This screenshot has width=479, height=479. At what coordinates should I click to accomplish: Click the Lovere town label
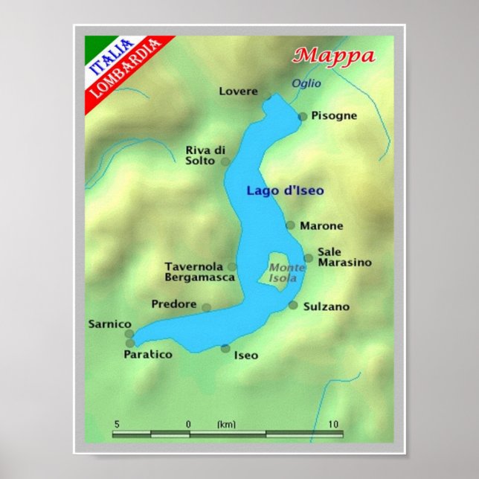click(238, 91)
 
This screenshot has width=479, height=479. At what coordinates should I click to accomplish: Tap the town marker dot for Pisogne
click(303, 116)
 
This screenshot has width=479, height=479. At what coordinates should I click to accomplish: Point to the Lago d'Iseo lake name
click(285, 190)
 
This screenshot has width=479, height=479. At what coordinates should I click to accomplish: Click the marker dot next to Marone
click(291, 225)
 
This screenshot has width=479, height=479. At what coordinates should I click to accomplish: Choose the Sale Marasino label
click(344, 257)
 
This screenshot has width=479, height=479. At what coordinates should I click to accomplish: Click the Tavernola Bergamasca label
click(199, 271)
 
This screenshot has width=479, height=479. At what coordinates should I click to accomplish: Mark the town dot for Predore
click(206, 307)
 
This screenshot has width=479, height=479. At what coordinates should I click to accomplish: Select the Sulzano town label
click(326, 306)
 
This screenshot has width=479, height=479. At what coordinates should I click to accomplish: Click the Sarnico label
click(109, 324)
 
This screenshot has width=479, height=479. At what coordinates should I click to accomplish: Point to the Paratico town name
click(147, 355)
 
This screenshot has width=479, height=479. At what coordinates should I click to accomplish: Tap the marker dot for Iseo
click(225, 348)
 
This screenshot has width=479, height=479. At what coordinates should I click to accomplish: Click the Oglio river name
click(306, 83)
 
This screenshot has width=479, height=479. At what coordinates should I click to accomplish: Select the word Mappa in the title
click(333, 55)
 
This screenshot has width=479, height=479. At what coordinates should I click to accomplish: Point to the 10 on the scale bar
click(334, 424)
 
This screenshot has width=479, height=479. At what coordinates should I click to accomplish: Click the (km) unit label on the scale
click(226, 424)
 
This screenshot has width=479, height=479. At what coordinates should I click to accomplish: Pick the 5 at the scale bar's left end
click(116, 424)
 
